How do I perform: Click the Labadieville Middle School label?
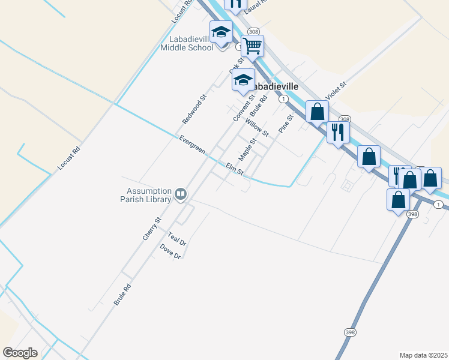(x=187, y=43)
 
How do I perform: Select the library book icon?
(x=181, y=194)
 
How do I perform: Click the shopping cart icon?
(x=253, y=45)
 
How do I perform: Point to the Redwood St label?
(x=194, y=109)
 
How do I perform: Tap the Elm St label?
(x=234, y=170)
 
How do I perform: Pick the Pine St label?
(x=285, y=124)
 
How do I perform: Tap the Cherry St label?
(x=152, y=229)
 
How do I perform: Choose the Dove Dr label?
(x=170, y=251)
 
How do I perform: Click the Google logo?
(x=20, y=353)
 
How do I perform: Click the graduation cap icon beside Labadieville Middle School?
(x=221, y=32)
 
